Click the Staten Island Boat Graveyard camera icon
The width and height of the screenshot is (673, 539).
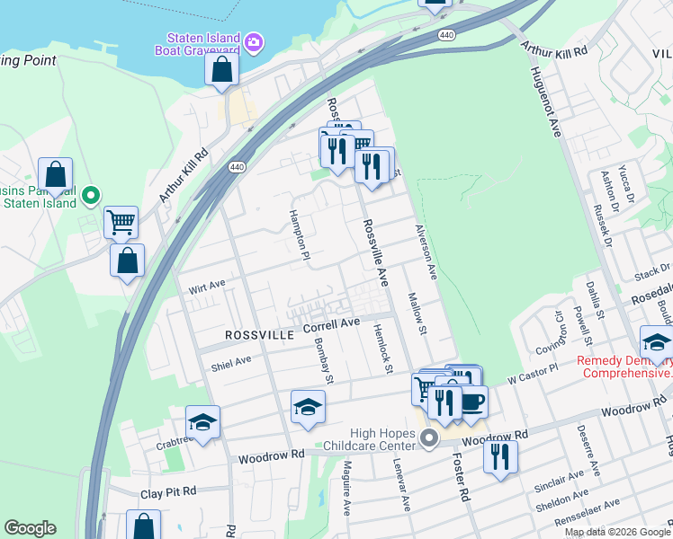coord(254,41)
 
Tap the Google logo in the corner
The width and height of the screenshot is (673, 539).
coord(30,528)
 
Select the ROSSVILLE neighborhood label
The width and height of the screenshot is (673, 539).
coord(259,334)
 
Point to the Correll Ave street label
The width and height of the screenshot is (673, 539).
coord(331,323)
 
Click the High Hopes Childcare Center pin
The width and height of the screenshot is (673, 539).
coord(429,438)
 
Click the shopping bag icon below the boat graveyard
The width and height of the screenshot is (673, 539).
coord(221,69)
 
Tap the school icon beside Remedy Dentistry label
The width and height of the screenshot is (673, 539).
coord(657,343)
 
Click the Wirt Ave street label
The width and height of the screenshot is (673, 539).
coord(206,287)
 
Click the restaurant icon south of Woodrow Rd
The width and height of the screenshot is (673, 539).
coord(500,455)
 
